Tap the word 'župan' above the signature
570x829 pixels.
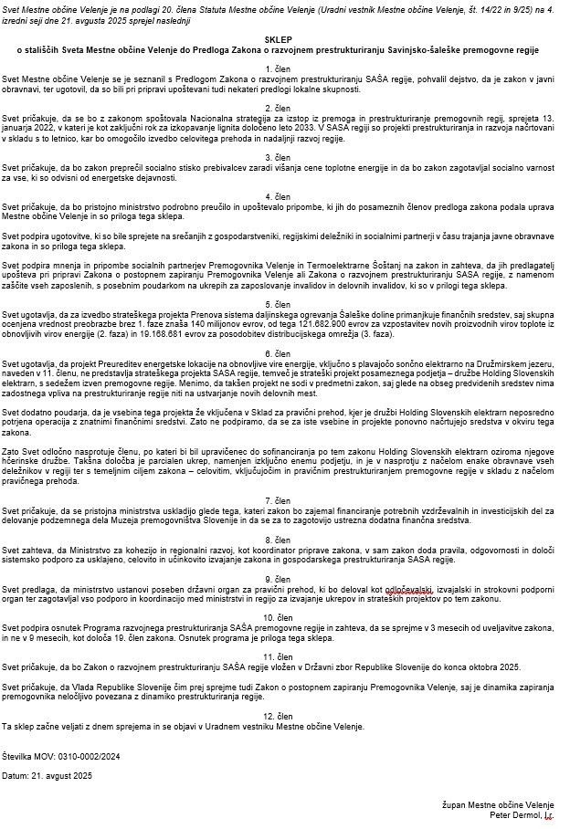453,803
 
